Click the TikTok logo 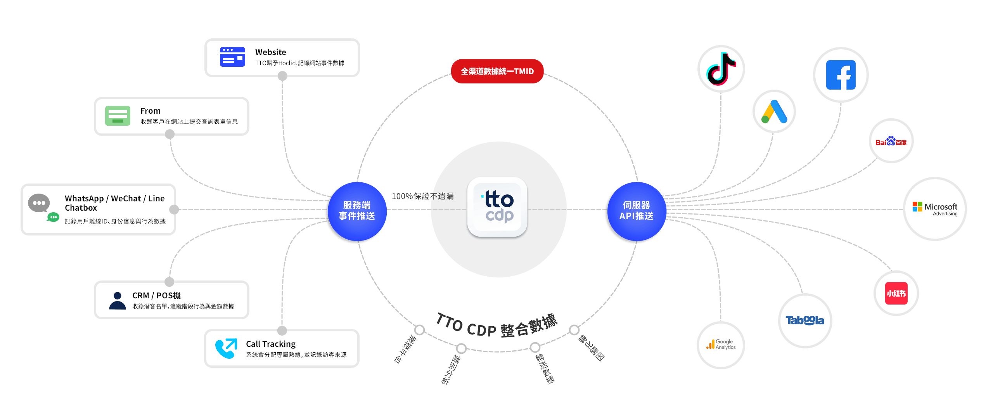point(721,69)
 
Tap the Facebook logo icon point(841,75)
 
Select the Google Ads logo point(774,112)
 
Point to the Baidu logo point(891,141)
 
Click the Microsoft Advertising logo point(935,209)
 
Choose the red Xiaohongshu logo point(896,293)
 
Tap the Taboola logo point(805,320)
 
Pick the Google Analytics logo point(721,345)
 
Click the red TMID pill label point(497,71)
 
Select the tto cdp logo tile point(497,207)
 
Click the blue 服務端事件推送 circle point(357,211)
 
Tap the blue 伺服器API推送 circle point(637,211)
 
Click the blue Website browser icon point(232,57)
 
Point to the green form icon point(118,116)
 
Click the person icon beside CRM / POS point(118,301)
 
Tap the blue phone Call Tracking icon point(226,348)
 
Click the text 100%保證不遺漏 point(422,196)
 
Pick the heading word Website point(270,52)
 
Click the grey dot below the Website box point(282,76)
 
